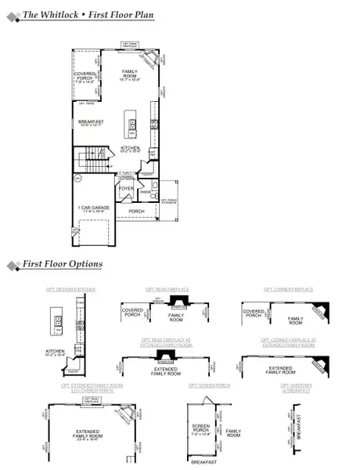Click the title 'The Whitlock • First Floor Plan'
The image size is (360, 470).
[x=88, y=15]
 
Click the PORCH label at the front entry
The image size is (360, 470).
[x=136, y=210]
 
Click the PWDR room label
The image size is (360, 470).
[x=145, y=191]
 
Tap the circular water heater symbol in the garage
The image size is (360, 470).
[x=77, y=179]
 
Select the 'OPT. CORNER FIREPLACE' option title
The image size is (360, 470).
[x=288, y=289]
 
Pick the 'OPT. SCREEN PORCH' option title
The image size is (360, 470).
[x=209, y=385]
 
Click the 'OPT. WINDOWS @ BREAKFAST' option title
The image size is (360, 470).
[x=295, y=388]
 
